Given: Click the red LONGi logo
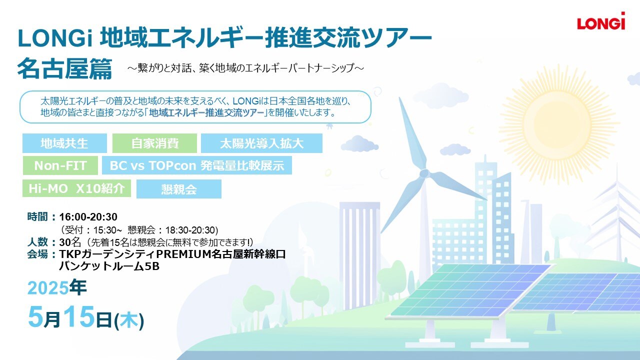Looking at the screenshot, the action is pos(601,21).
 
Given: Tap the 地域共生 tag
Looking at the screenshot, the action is pos(64,143).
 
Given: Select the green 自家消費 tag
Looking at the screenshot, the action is pos(154,143).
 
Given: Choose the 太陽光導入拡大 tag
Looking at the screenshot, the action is pos(261,143).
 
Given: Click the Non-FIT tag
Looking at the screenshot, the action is pos(60,165).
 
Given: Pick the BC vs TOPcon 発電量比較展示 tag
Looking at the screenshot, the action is pos(197,165).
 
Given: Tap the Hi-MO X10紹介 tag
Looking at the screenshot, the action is pos(76,188).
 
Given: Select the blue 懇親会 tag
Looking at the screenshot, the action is pos(179,189).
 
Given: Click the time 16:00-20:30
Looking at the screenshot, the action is pos(88,217).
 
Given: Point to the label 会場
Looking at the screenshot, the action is pos(37,254).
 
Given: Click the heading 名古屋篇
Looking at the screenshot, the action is pos(64,68).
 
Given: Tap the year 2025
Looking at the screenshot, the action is pos(48,288).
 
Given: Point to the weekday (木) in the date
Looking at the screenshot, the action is pos(129,320).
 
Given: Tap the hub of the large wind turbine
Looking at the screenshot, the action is pos(424,173).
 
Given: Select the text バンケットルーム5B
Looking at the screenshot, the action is pos(109,266).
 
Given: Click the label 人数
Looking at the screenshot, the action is pos(37,242).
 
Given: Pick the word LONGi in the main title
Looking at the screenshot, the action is pos(55,38).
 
